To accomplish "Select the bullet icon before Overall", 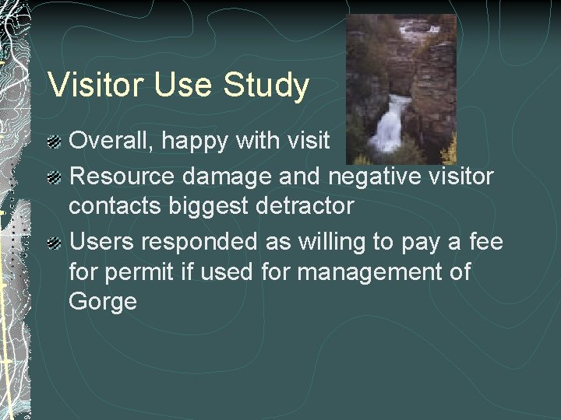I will [x=54, y=142].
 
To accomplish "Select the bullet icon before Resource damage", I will [x=54, y=178].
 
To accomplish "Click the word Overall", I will [x=109, y=141].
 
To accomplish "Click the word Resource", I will [x=122, y=177].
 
